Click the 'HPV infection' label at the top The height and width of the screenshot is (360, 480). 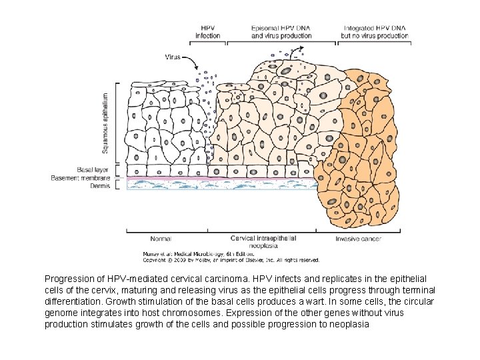click(x=208, y=31)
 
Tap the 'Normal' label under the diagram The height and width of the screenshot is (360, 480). click(x=160, y=239)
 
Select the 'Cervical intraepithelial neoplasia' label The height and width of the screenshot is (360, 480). click(x=263, y=241)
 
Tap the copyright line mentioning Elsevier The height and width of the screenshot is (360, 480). click(x=231, y=260)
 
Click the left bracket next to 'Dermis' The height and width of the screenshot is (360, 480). click(x=118, y=185)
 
